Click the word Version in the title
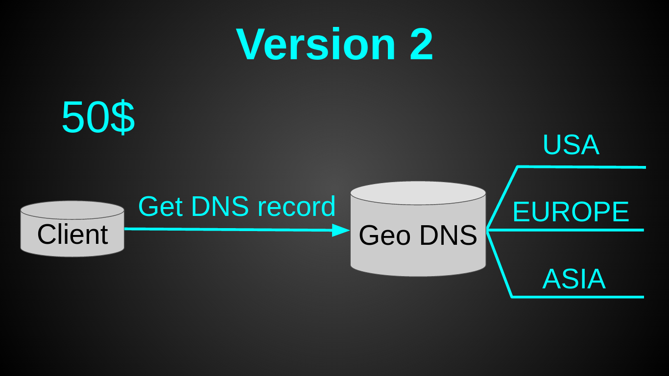(x=316, y=44)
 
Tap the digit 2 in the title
(x=421, y=44)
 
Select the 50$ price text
(x=98, y=117)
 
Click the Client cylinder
(x=72, y=229)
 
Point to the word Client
(x=72, y=235)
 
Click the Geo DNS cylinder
(x=418, y=229)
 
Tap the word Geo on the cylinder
(x=384, y=235)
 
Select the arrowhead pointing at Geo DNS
(x=341, y=230)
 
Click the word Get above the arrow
(x=160, y=206)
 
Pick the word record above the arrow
(x=297, y=206)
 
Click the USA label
(x=571, y=145)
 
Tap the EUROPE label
(x=571, y=211)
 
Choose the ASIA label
(x=573, y=279)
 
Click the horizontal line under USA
(x=581, y=167)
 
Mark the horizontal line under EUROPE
(x=565, y=230)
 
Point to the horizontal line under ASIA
(x=577, y=297)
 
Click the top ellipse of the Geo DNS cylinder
(x=418, y=193)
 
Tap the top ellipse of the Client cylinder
(x=72, y=210)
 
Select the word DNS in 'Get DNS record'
(x=220, y=206)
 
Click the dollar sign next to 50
(x=122, y=117)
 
